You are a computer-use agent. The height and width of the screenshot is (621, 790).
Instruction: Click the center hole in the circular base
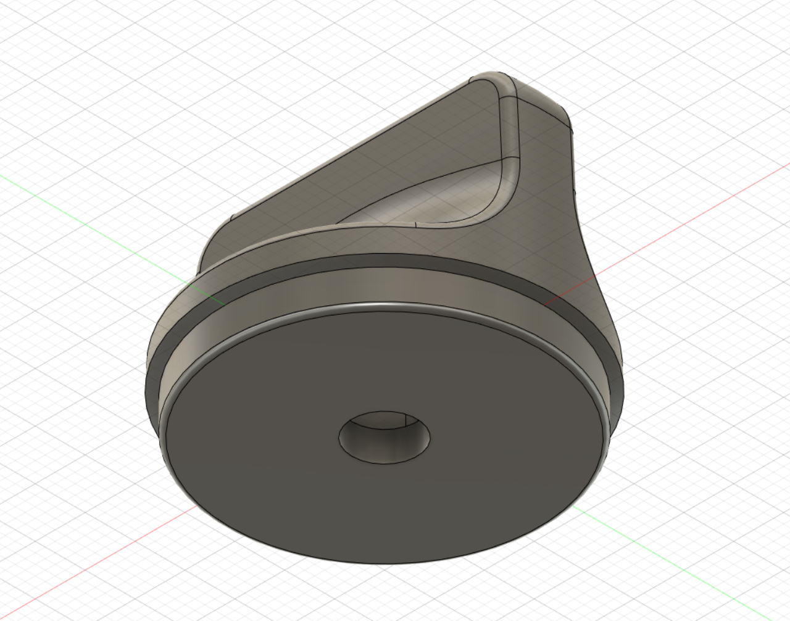click(x=384, y=436)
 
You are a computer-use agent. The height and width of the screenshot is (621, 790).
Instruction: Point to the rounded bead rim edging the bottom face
click(x=383, y=307)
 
